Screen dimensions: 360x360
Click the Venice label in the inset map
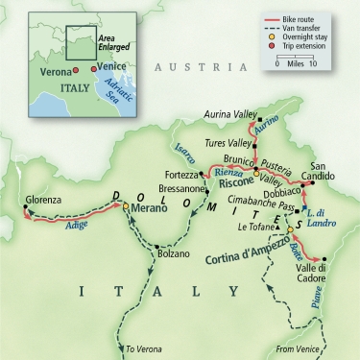pos(112,68)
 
